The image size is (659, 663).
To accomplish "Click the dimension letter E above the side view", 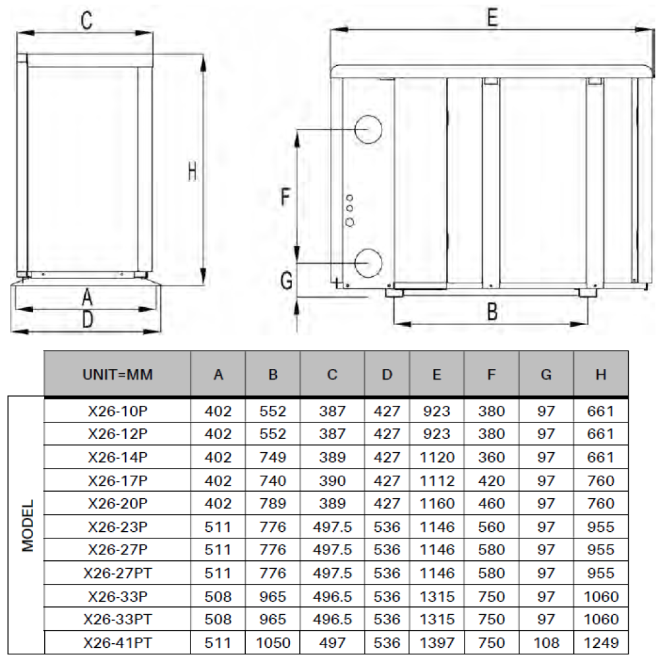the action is [x=492, y=18].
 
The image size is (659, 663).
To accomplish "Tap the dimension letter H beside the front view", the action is [x=192, y=172].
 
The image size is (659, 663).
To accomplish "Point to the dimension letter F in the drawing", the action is [x=286, y=196].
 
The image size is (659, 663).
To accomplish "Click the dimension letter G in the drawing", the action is [x=287, y=280].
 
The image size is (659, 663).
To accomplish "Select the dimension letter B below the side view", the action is [x=492, y=312].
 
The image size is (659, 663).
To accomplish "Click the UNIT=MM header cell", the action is [x=117, y=374].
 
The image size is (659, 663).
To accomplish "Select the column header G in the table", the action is [x=546, y=374].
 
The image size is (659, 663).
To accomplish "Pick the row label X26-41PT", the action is [x=117, y=643].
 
